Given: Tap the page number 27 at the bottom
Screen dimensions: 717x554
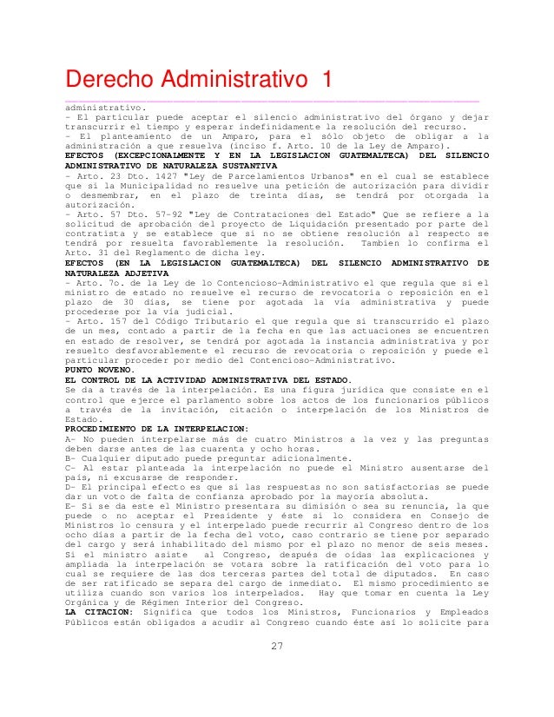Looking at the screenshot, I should [x=277, y=645].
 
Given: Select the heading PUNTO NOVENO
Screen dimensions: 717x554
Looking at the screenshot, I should [x=98, y=369].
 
